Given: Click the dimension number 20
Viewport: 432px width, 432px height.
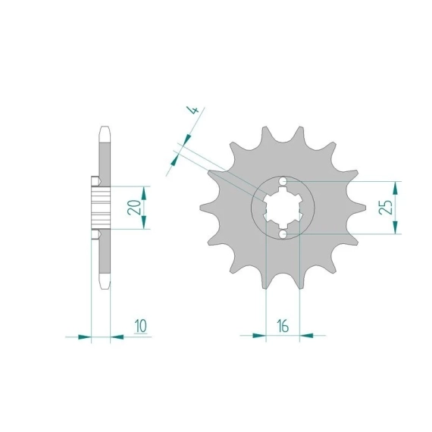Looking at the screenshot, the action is [134, 207].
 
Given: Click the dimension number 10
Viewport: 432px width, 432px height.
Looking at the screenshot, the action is [141, 326].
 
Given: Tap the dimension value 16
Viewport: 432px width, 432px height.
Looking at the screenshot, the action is [283, 326].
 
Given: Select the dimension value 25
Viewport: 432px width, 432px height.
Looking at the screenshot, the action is [386, 207].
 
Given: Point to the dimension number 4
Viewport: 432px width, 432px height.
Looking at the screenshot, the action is [194, 111].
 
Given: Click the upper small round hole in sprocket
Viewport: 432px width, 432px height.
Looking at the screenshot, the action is [283, 181].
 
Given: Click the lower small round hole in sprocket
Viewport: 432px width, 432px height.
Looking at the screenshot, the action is [283, 234].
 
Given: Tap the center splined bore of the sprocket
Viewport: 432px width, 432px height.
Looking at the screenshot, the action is [283, 208].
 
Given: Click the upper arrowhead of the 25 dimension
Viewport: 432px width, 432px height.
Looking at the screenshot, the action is [396, 188].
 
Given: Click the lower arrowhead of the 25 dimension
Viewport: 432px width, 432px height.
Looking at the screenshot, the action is [396, 227].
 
